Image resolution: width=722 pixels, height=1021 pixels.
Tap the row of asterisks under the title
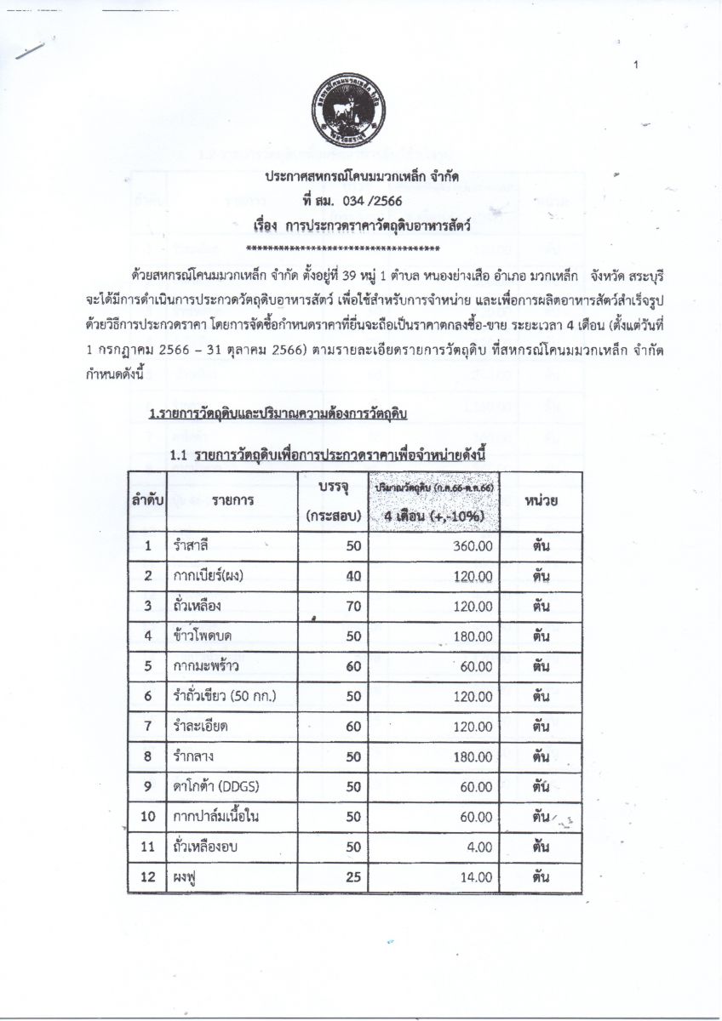coord(341,248)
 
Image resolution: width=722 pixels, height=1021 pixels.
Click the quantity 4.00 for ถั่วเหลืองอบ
coord(478,847)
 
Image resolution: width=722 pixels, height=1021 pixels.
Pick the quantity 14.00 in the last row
coord(475,876)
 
